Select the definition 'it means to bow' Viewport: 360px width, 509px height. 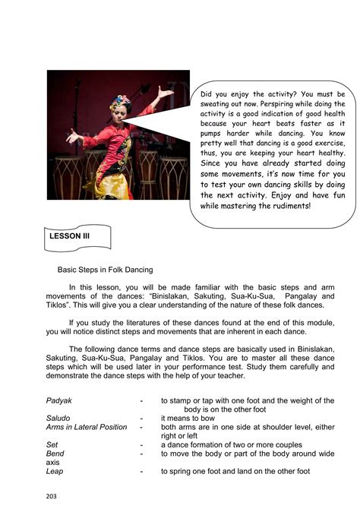point(188,417)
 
